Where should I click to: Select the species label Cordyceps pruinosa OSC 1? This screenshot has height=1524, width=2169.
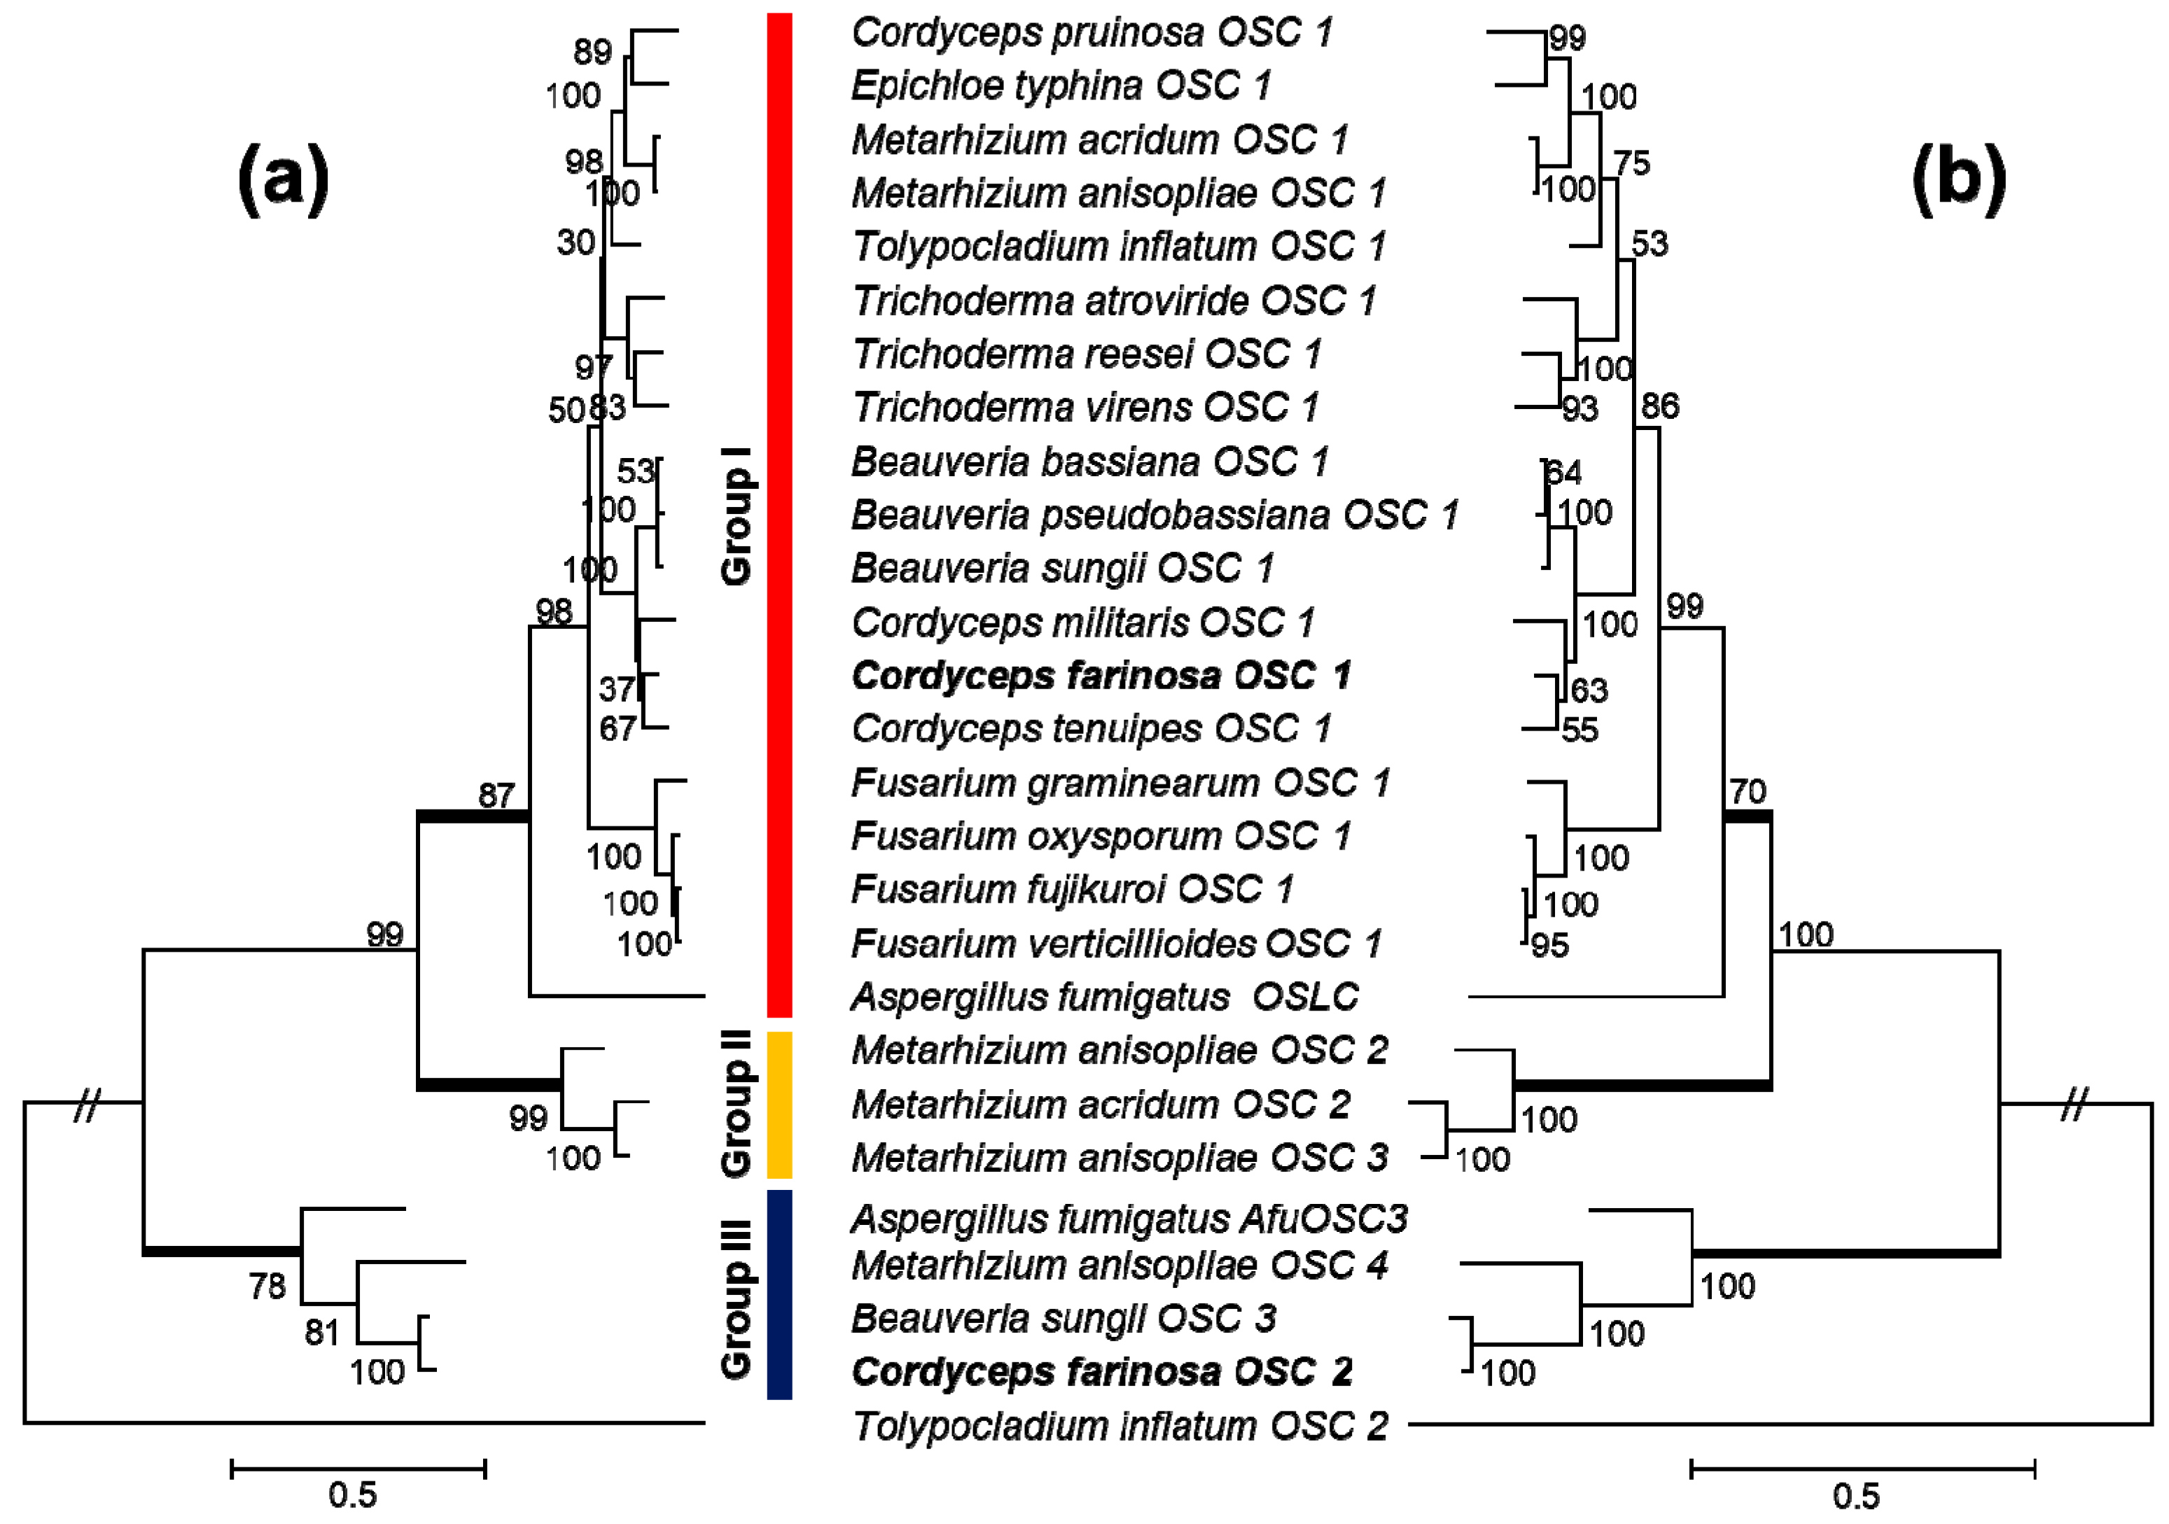1091,32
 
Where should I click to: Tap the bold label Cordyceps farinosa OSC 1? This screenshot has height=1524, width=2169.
1101,676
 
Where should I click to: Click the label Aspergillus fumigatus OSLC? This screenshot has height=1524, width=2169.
1103,997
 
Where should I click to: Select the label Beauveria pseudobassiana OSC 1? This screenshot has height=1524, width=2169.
1155,515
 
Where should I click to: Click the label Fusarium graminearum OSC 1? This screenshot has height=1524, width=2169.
1120,782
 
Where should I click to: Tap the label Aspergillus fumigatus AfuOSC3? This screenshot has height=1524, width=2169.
1129,1219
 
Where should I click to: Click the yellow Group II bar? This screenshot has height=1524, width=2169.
779,1104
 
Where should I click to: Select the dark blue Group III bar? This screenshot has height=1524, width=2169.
779,1294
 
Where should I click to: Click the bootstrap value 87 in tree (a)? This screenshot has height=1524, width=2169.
496,796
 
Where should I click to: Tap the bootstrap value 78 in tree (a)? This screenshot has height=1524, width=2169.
267,1286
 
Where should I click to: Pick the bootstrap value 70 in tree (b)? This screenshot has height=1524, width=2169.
1748,791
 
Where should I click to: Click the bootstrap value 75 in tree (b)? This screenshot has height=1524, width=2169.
1631,162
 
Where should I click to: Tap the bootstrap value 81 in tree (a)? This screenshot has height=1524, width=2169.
322,1332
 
